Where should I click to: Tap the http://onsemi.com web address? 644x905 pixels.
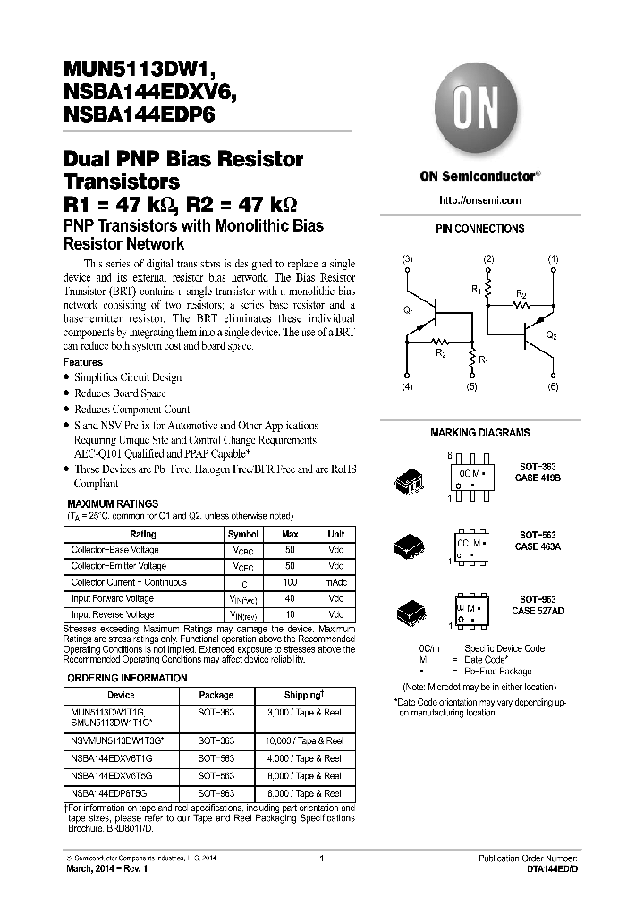(x=480, y=200)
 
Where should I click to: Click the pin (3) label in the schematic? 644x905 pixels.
(x=408, y=259)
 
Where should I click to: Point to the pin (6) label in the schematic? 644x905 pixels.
(x=553, y=387)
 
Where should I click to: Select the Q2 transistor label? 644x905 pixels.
(x=552, y=334)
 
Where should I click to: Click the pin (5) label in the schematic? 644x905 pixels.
(x=471, y=387)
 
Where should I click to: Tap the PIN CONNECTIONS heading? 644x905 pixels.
(x=480, y=229)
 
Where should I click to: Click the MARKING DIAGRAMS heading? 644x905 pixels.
(x=480, y=433)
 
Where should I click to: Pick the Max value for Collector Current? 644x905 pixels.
(x=290, y=582)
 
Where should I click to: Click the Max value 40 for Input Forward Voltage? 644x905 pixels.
(x=290, y=598)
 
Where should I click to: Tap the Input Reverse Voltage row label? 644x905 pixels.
(x=112, y=614)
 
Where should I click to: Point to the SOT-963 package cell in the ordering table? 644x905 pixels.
(x=216, y=793)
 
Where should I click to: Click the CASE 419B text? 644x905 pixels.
(x=538, y=478)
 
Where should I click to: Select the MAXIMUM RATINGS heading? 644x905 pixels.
(x=113, y=504)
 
